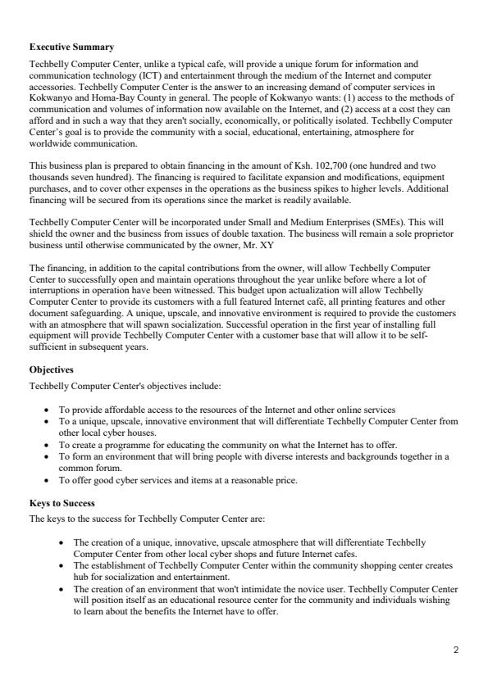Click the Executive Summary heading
point(71,48)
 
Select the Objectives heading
point(51,369)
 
